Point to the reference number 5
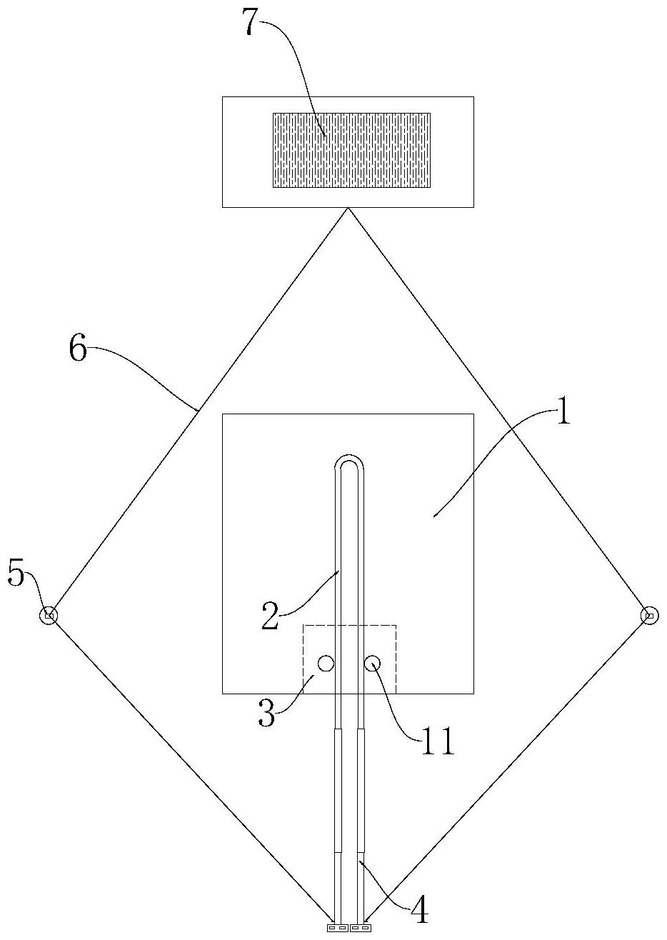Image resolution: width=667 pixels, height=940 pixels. [x=17, y=574]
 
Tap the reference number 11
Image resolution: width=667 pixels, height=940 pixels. [x=437, y=742]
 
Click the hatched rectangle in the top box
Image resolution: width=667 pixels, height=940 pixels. [x=351, y=150]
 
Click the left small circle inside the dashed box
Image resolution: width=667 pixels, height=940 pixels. [x=326, y=664]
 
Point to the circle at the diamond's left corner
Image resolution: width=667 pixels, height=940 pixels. [x=49, y=615]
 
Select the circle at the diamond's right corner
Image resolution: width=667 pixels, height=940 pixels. [x=649, y=615]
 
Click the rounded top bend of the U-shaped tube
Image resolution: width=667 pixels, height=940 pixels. [x=350, y=461]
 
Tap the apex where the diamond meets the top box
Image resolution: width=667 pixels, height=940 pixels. [x=348, y=208]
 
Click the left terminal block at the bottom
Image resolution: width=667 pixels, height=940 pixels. [x=337, y=928]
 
